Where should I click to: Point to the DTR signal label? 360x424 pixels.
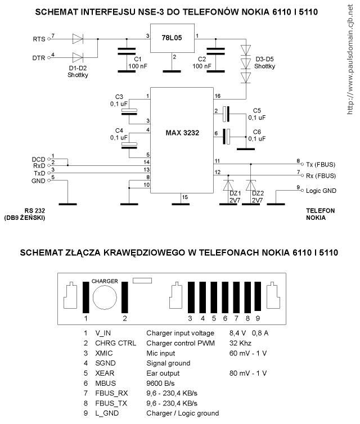tap(39, 57)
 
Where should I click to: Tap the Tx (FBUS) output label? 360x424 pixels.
tap(320, 164)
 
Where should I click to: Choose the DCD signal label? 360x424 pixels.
tap(38, 159)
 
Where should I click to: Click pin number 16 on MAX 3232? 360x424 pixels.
tap(218, 96)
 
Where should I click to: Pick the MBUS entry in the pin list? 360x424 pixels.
tap(107, 383)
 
